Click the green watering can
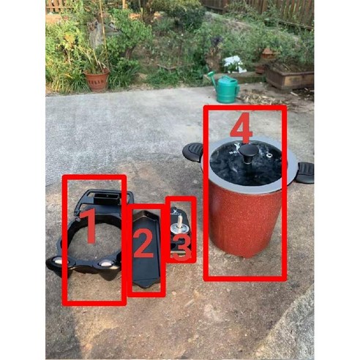(x=227, y=89)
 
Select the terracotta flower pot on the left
(x=97, y=79)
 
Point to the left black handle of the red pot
(x=192, y=152)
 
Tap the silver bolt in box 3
(x=176, y=220)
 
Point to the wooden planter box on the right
(x=289, y=75)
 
